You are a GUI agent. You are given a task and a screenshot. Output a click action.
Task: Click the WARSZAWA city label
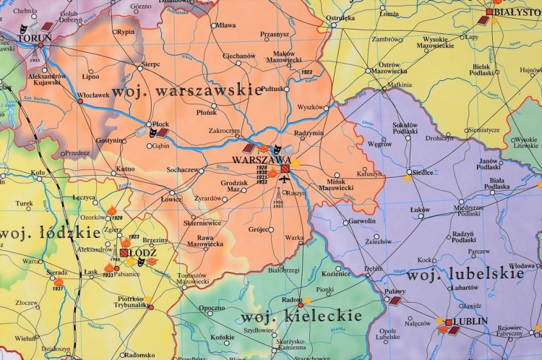click(262, 160)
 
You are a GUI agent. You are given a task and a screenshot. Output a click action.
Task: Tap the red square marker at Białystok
click(489, 12)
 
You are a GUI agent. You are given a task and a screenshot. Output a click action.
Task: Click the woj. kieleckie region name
click(301, 317)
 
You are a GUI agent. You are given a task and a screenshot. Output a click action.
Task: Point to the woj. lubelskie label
click(465, 275)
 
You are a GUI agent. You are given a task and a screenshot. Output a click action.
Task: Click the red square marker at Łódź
click(124, 253)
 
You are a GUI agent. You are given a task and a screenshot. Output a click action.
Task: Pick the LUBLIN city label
click(470, 321)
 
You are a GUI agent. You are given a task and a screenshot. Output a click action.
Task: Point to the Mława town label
click(226, 25)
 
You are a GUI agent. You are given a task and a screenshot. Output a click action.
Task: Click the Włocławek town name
click(93, 94)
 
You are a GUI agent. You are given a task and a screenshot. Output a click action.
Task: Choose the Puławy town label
click(393, 291)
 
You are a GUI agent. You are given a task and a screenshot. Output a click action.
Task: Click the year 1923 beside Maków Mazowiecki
click(306, 72)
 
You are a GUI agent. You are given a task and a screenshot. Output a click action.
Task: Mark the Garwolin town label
click(361, 220)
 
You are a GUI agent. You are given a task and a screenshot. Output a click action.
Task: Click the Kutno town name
click(125, 169)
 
